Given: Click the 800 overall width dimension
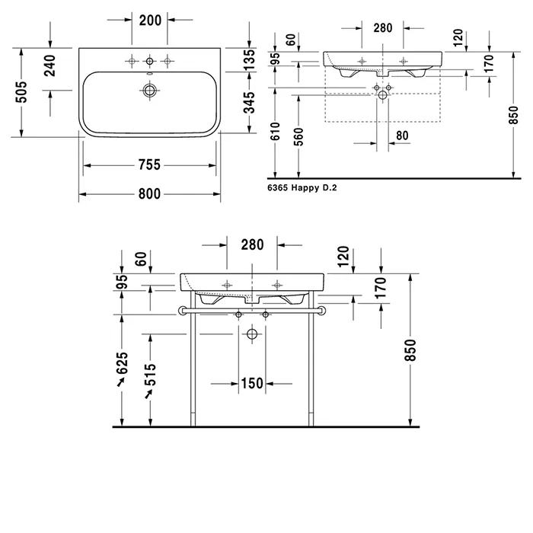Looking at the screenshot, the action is (x=149, y=194).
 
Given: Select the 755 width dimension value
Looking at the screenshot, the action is (x=149, y=165).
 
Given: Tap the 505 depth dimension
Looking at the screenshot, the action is (x=21, y=92).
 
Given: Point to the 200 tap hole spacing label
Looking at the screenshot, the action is (x=150, y=21).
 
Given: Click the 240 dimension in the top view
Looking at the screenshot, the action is (x=50, y=65).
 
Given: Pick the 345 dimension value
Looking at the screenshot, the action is (x=250, y=102).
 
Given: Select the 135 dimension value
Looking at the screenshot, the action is (x=250, y=60).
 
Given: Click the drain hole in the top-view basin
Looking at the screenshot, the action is (x=149, y=91).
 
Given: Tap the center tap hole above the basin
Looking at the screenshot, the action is (x=149, y=61).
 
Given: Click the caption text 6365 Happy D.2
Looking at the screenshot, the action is (x=302, y=187).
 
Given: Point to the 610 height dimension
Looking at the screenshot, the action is (x=276, y=131).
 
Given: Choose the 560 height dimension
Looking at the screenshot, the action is (x=298, y=136).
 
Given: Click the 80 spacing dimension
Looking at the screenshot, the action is (x=402, y=136).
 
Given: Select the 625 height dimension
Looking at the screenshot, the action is (x=122, y=363).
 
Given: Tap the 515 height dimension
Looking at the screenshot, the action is (x=150, y=375).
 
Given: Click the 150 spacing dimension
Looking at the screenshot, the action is (x=252, y=384).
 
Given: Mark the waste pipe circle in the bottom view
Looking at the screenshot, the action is (x=252, y=334).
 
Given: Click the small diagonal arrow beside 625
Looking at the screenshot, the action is (x=120, y=382).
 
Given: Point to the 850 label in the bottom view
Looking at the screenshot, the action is (x=410, y=350).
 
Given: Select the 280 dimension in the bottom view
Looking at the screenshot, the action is (x=252, y=244).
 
